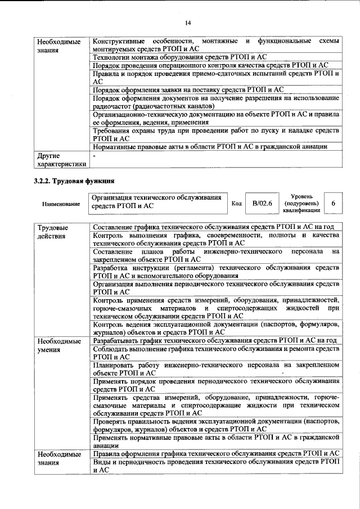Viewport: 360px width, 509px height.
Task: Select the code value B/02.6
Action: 262,203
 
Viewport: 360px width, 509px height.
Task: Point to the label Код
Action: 237,204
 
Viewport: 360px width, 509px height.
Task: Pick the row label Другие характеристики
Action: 61,160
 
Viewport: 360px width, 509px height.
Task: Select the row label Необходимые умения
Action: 59,345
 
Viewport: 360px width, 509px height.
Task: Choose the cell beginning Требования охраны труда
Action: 216,134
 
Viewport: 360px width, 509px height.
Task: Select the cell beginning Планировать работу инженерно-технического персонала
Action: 216,368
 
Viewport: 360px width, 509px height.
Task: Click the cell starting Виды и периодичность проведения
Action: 216,465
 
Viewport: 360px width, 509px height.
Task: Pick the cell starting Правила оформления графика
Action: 216,453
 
